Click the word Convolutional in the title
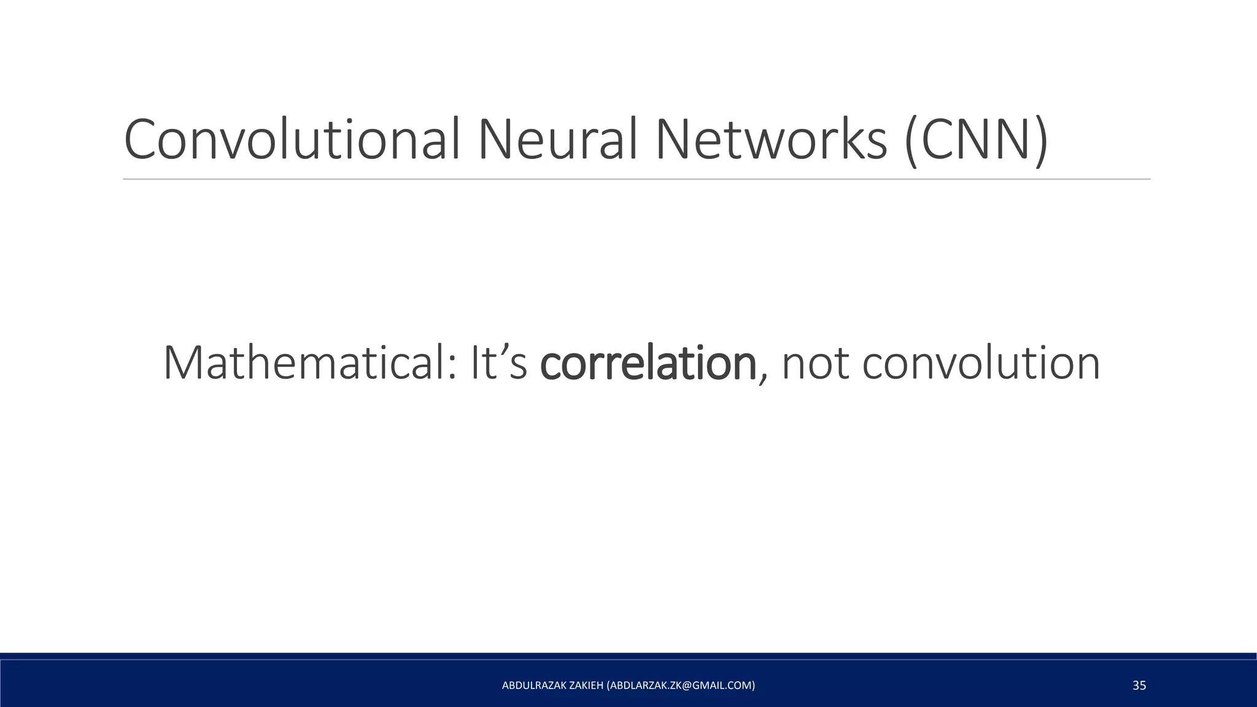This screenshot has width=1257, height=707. (292, 141)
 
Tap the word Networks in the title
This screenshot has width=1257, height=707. (771, 141)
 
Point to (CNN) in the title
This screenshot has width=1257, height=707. (976, 142)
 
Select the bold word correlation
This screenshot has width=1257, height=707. (648, 363)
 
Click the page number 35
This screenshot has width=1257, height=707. (1139, 686)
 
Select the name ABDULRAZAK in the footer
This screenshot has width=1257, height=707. (531, 686)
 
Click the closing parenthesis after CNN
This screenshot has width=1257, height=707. (1040, 143)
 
